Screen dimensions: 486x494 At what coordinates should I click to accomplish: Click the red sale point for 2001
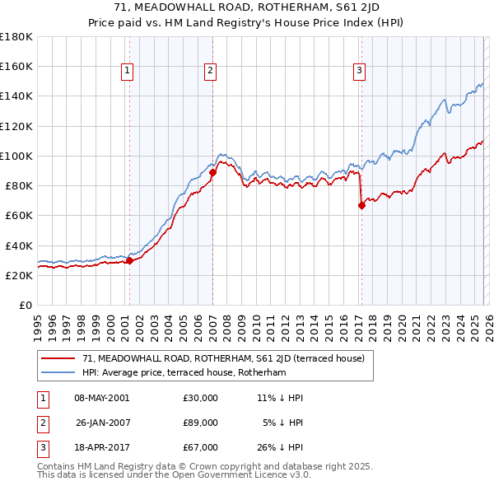click(x=129, y=261)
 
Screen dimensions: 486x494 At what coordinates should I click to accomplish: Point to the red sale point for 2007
click(x=212, y=172)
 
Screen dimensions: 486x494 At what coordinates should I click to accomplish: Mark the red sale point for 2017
click(x=361, y=206)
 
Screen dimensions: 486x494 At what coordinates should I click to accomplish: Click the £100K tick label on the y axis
click(x=16, y=156)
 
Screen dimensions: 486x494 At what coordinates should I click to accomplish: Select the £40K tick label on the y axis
click(x=19, y=245)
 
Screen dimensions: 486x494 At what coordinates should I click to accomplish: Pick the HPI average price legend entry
click(x=183, y=373)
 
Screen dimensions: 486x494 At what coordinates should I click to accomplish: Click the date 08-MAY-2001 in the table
click(x=101, y=398)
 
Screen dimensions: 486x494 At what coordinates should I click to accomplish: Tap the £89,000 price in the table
click(x=200, y=423)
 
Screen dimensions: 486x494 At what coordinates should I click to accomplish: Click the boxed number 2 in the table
click(x=41, y=423)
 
